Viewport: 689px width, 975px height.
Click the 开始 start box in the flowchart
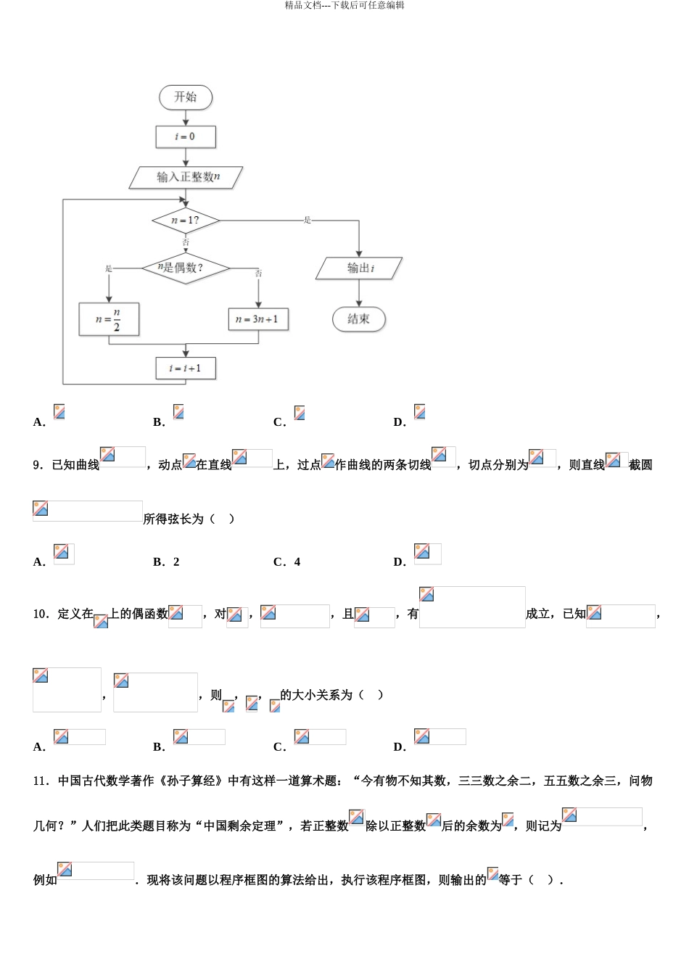tap(186, 97)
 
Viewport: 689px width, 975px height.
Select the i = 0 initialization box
tap(186, 136)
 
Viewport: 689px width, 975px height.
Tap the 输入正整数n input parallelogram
tap(186, 177)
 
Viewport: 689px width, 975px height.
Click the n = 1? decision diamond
tap(186, 220)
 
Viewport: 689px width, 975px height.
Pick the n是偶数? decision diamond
tap(185, 268)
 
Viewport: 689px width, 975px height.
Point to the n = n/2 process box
tap(109, 319)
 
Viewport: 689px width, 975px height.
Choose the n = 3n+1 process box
tap(258, 319)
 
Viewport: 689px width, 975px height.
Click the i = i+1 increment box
tap(186, 368)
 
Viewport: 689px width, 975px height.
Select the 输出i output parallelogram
tap(359, 268)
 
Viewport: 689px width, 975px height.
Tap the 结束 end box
tap(359, 318)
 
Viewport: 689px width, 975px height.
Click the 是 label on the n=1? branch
tap(308, 220)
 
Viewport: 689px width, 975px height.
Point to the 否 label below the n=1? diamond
tap(186, 242)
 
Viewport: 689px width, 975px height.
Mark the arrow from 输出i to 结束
tap(359, 293)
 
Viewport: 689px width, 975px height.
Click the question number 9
tap(38, 465)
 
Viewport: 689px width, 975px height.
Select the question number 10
tap(41, 614)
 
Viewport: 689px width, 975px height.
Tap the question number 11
tap(41, 781)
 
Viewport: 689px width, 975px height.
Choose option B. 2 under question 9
tap(166, 561)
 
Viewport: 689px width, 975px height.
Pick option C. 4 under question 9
tap(286, 561)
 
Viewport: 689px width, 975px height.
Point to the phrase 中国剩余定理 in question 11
tap(240, 826)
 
